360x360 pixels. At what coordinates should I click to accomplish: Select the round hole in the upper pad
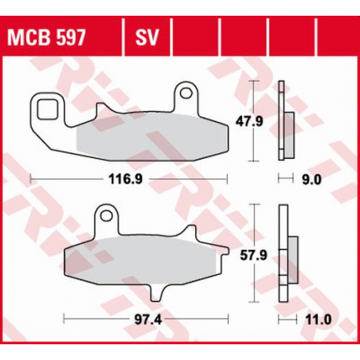[186, 93]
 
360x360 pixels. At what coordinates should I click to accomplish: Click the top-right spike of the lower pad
[189, 226]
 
